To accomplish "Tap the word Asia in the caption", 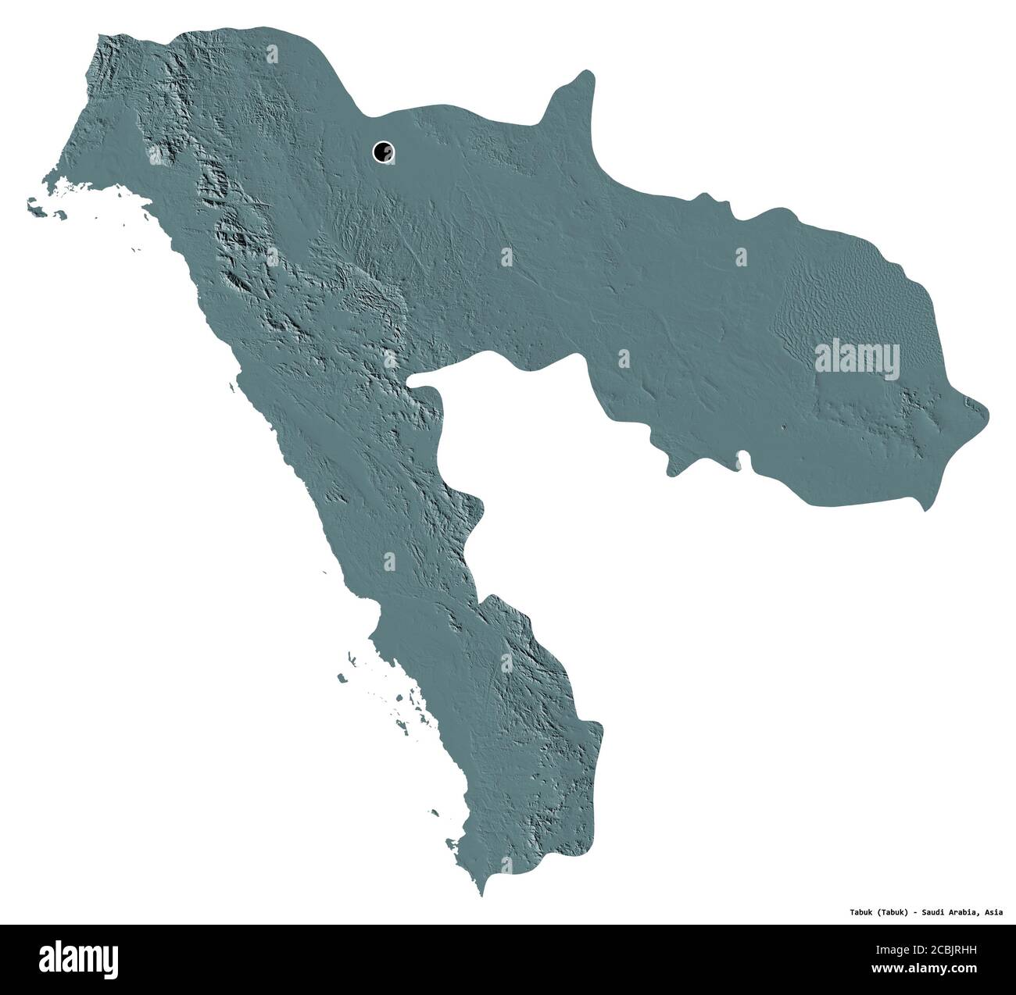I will point(993,911).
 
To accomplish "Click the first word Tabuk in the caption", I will point(863,911).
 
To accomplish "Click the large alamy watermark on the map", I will point(857,360).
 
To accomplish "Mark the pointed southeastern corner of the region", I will point(927,509).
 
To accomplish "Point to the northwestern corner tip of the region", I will point(96,35).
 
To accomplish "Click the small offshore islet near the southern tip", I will point(451,843).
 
